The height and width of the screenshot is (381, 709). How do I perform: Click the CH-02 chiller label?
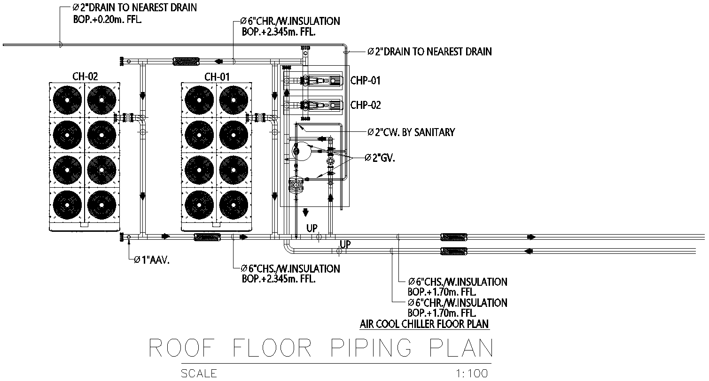tap(85, 76)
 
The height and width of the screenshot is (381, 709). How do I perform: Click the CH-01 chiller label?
tap(217, 76)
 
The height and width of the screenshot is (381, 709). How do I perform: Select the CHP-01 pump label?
tap(365, 81)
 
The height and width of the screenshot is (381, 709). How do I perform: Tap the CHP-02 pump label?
tap(365, 105)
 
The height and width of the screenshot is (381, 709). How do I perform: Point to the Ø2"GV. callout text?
tap(380, 159)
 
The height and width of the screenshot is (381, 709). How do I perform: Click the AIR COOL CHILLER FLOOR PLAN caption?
tap(424, 324)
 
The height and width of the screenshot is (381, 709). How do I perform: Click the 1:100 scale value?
tap(472, 373)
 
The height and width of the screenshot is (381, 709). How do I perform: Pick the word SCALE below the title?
tap(199, 373)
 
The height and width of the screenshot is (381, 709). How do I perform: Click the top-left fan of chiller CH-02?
tap(68, 100)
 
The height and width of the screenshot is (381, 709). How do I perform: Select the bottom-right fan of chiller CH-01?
tap(234, 205)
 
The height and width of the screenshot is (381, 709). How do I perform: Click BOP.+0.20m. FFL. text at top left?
tap(108, 20)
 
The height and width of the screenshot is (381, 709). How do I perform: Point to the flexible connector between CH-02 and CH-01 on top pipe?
tap(187, 61)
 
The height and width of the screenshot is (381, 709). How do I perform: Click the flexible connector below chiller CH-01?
tap(207, 237)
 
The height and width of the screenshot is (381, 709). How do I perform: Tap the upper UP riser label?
tap(312, 229)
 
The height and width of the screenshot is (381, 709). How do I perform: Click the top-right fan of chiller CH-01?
tap(234, 100)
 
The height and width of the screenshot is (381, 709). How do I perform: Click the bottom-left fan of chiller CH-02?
tap(68, 205)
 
